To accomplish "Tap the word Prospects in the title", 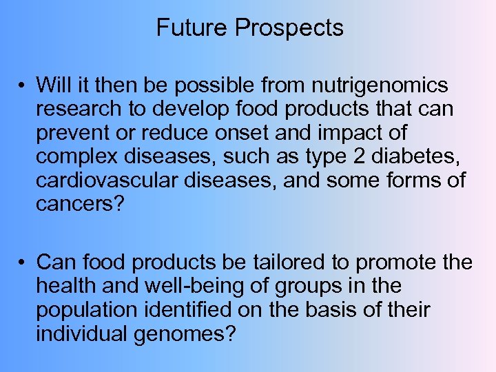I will point(289,28).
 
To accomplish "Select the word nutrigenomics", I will point(380,86).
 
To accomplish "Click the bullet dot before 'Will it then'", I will point(23,86).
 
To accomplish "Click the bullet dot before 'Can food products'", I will point(23,262).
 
